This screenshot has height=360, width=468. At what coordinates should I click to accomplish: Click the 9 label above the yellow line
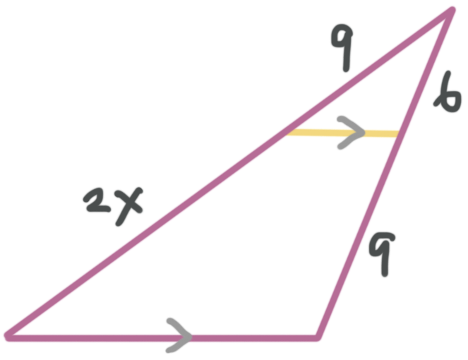click(x=341, y=52)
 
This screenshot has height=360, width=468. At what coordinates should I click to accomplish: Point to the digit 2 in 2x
click(x=97, y=203)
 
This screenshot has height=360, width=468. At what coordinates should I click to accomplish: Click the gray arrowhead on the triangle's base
click(x=181, y=334)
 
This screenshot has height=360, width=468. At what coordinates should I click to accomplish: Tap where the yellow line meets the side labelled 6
click(x=399, y=133)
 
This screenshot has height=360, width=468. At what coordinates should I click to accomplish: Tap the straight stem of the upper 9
click(x=345, y=60)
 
